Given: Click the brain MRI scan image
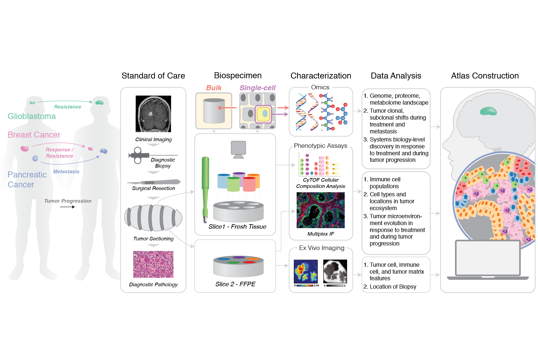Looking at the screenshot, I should (x=153, y=114).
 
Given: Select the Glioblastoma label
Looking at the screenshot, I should (x=32, y=116).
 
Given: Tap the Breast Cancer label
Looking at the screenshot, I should (x=34, y=135).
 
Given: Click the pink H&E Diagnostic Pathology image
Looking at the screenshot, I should (x=153, y=264).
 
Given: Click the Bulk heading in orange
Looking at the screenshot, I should (x=214, y=88).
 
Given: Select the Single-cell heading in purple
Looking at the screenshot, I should (x=257, y=88).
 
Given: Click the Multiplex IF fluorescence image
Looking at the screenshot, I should (x=320, y=210).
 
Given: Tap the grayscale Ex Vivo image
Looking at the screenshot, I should (x=335, y=271).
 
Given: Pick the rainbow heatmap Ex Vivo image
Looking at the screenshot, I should (x=306, y=271).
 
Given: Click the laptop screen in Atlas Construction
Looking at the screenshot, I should (x=488, y=258).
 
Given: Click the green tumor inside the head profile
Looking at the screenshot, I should (x=488, y=112).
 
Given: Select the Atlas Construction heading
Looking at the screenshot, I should (x=485, y=76).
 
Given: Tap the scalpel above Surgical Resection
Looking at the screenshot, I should (x=153, y=182).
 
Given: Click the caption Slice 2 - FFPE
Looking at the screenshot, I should (x=235, y=284).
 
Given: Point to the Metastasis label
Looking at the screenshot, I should (x=66, y=171).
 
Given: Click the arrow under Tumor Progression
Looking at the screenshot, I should (x=67, y=207).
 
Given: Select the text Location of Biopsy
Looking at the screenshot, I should (x=393, y=287).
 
